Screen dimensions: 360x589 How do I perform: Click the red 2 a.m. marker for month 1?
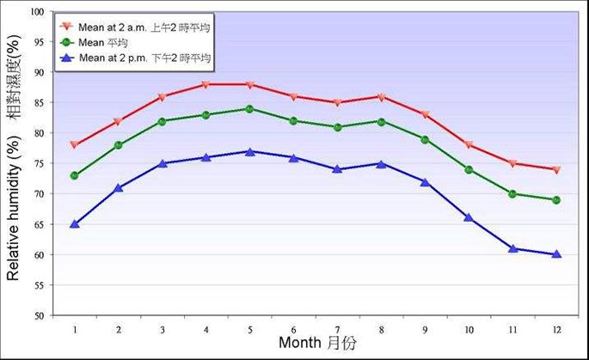click(x=75, y=144)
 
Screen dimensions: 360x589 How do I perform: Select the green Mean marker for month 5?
click(x=249, y=109)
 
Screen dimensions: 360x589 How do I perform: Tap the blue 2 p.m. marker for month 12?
click(x=556, y=254)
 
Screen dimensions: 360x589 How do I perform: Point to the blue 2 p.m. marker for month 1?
click(x=75, y=224)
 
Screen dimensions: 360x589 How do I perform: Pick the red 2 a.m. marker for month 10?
click(x=469, y=144)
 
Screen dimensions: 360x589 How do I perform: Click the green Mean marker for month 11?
click(x=512, y=194)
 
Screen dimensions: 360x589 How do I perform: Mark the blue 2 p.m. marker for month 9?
click(x=425, y=182)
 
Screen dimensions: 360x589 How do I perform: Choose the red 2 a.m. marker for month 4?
click(x=206, y=84)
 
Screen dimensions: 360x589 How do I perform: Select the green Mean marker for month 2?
click(x=119, y=145)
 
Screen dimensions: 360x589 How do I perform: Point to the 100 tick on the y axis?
click(x=37, y=12)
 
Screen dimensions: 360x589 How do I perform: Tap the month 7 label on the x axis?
click(x=337, y=328)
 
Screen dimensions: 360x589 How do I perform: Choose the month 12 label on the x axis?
click(x=556, y=328)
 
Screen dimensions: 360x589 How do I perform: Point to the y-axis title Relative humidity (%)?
click(x=15, y=206)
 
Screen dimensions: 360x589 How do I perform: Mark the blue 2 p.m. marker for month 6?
click(x=293, y=158)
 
